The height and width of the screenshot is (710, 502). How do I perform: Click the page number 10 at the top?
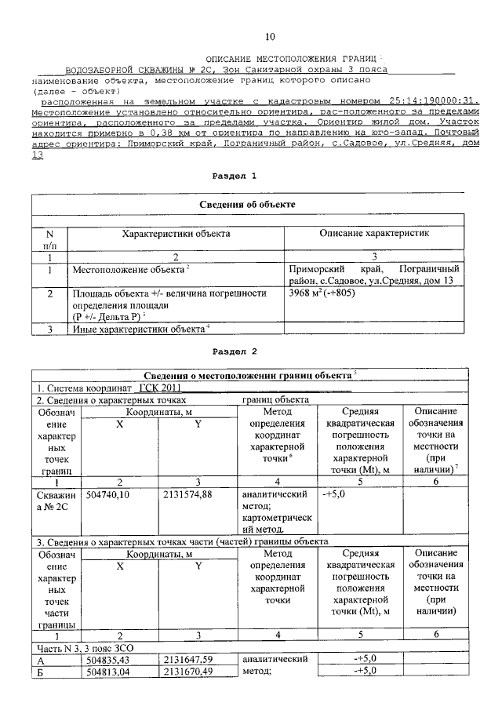click(x=270, y=37)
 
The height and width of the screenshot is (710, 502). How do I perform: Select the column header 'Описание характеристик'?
click(x=374, y=234)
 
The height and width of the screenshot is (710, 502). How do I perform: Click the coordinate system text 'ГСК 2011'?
click(x=161, y=388)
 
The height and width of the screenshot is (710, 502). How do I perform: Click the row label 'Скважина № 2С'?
click(x=55, y=501)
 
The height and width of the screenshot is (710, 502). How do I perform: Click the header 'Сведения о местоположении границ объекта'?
click(x=247, y=373)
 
